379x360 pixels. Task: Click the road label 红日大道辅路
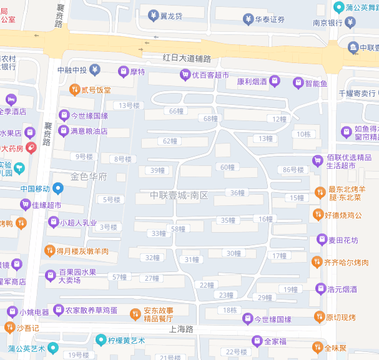point(187,58)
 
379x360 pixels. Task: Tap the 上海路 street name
point(181,329)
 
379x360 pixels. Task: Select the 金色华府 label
point(89,177)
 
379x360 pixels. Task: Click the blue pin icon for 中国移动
point(59,188)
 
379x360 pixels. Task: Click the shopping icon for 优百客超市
point(185,75)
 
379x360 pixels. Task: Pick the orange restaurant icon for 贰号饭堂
point(74,90)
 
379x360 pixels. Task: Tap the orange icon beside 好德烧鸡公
point(318,215)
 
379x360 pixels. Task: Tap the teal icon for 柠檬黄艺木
point(101,340)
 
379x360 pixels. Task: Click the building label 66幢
point(177,111)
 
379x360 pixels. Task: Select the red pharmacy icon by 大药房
point(31,148)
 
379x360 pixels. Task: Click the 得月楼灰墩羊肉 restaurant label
point(83,251)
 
